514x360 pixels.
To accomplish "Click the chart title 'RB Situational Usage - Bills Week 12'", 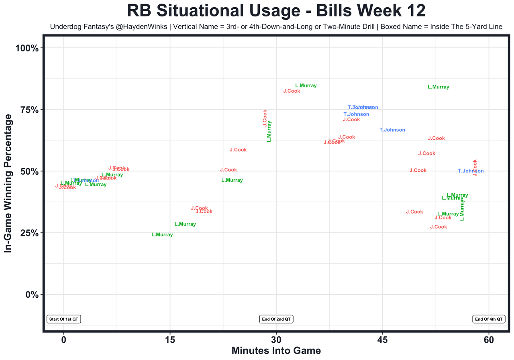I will [x=276, y=11].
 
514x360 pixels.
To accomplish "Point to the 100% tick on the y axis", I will [x=27, y=48].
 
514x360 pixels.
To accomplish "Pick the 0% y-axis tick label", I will [x=31, y=294].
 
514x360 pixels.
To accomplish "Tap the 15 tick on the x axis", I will [x=170, y=339].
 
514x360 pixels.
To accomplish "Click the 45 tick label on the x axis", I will [x=382, y=339].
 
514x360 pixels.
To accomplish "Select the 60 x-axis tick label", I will [x=489, y=339].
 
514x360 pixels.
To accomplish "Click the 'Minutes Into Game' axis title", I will [x=276, y=351].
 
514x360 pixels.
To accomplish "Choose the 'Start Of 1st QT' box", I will [x=64, y=319].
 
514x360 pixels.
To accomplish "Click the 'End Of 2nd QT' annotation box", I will [x=276, y=319].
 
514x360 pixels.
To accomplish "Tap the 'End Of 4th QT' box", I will [x=489, y=319].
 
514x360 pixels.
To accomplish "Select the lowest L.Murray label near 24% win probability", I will [x=162, y=235].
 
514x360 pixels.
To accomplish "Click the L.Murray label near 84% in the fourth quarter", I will [x=439, y=87].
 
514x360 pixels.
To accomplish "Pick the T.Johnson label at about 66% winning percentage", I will [x=392, y=130].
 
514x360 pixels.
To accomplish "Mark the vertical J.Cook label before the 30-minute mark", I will [x=265, y=118].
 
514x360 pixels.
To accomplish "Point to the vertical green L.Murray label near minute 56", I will [x=462, y=210].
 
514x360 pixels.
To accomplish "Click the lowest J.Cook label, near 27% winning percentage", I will [x=439, y=227].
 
